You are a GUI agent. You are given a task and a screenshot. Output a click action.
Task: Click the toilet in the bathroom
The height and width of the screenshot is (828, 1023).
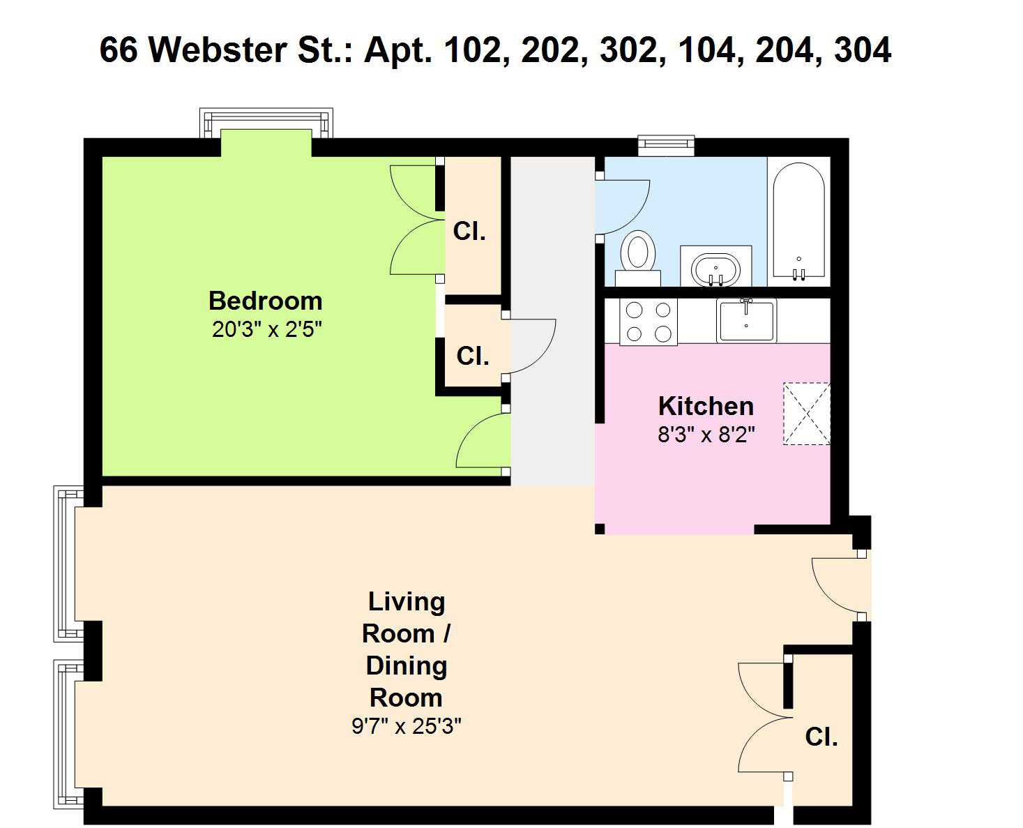638,257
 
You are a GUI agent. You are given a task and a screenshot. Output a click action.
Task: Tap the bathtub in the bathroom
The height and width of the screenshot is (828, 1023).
798,221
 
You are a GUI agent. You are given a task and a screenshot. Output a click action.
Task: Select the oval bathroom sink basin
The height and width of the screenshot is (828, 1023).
715,270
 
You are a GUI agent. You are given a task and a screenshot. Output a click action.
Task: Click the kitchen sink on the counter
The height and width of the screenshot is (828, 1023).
746,320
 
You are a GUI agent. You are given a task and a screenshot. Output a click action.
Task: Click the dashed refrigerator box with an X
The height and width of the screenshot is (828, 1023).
807,413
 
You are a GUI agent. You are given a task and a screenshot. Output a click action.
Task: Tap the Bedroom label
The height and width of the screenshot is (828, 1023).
265,301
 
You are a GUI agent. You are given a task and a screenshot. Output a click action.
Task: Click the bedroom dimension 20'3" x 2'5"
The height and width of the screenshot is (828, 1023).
266,329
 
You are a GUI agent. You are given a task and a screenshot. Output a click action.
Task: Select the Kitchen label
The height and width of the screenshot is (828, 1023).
706,406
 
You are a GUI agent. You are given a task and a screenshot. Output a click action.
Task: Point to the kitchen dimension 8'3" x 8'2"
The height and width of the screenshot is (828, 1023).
706,435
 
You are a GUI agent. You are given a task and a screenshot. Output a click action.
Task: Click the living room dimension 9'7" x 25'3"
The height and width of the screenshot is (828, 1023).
407,726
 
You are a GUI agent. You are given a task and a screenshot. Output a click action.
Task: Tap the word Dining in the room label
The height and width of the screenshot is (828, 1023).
407,666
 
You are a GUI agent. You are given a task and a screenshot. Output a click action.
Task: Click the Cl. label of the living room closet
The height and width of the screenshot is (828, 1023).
821,737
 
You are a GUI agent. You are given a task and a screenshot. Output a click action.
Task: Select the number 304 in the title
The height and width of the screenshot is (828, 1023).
863,50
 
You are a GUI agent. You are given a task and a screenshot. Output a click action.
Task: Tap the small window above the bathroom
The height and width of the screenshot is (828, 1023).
666,145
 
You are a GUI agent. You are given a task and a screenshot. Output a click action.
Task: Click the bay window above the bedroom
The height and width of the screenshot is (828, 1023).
266,123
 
